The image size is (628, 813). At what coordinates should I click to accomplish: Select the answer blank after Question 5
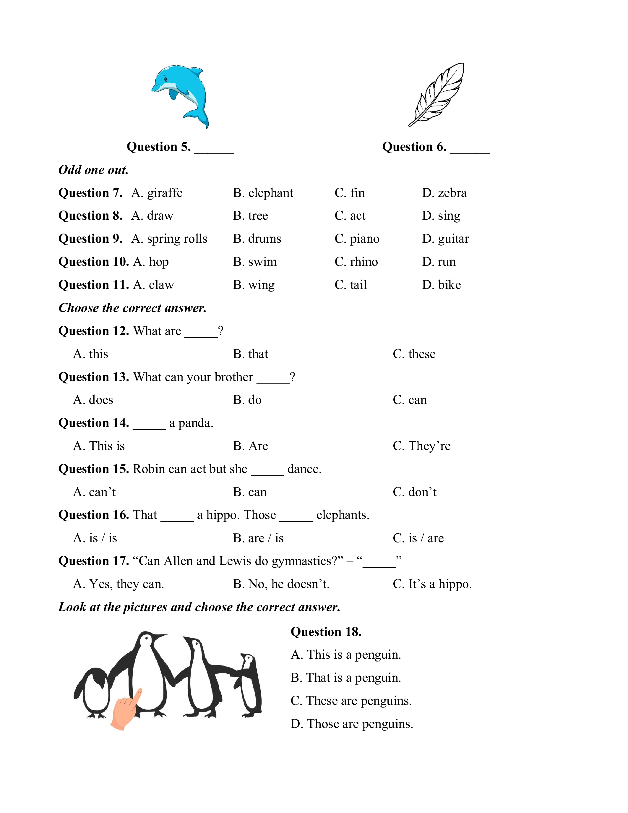click(x=214, y=148)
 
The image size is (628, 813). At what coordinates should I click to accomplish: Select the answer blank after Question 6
click(x=470, y=148)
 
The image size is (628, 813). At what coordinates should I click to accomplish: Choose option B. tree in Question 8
click(x=250, y=216)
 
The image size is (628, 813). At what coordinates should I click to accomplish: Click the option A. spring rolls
click(x=169, y=239)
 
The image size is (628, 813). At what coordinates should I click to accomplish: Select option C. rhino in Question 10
click(x=356, y=262)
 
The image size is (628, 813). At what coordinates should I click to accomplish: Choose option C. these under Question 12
click(x=414, y=354)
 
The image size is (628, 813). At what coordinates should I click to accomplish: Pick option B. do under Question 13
click(x=247, y=400)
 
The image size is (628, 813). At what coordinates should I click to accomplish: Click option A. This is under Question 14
click(x=99, y=446)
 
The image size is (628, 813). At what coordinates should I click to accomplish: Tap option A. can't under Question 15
click(x=95, y=492)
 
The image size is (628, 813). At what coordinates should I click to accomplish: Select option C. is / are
click(x=418, y=538)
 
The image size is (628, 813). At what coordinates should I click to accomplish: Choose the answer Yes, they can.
click(x=119, y=584)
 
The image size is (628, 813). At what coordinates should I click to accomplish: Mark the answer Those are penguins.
click(x=352, y=724)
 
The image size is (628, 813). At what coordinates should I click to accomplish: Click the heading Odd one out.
click(x=93, y=170)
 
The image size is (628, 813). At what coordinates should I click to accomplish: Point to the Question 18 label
click(x=326, y=632)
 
